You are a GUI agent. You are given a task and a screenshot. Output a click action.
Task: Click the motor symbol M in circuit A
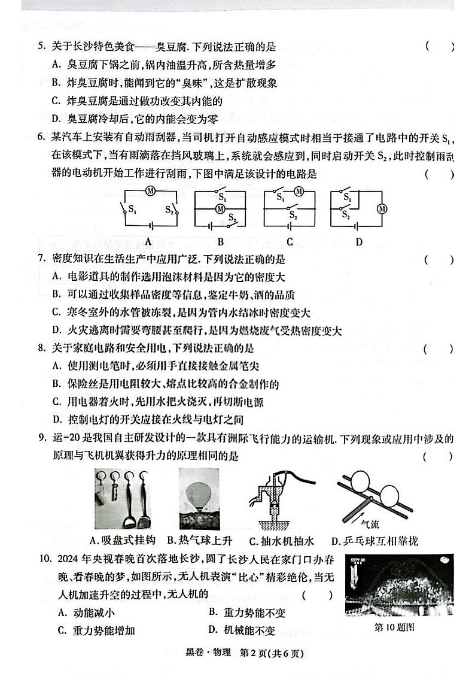(151, 191)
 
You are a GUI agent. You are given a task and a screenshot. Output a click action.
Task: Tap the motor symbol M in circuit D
(377, 208)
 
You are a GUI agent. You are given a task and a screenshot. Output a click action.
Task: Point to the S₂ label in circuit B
(235, 220)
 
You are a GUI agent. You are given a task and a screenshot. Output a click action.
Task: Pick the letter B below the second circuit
(220, 242)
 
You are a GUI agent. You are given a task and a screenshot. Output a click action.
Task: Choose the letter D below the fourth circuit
(358, 242)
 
